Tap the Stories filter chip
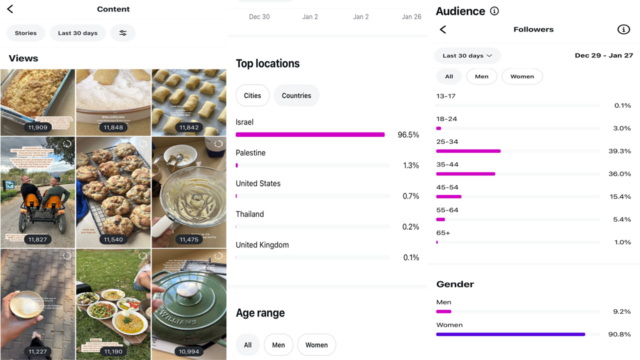[25, 33]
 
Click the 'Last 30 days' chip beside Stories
[77, 33]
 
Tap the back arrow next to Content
[10, 9]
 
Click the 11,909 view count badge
[37, 127]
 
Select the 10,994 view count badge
[189, 351]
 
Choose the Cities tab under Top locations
[252, 95]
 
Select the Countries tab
[296, 95]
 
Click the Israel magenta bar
[310, 134]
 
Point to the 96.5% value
[408, 135]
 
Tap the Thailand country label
[250, 214]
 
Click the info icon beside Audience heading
[494, 11]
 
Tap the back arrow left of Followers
[443, 29]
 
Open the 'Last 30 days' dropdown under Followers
[467, 55]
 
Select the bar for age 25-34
[468, 151]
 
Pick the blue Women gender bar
[510, 334]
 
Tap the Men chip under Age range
[278, 345]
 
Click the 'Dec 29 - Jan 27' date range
[603, 55]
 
